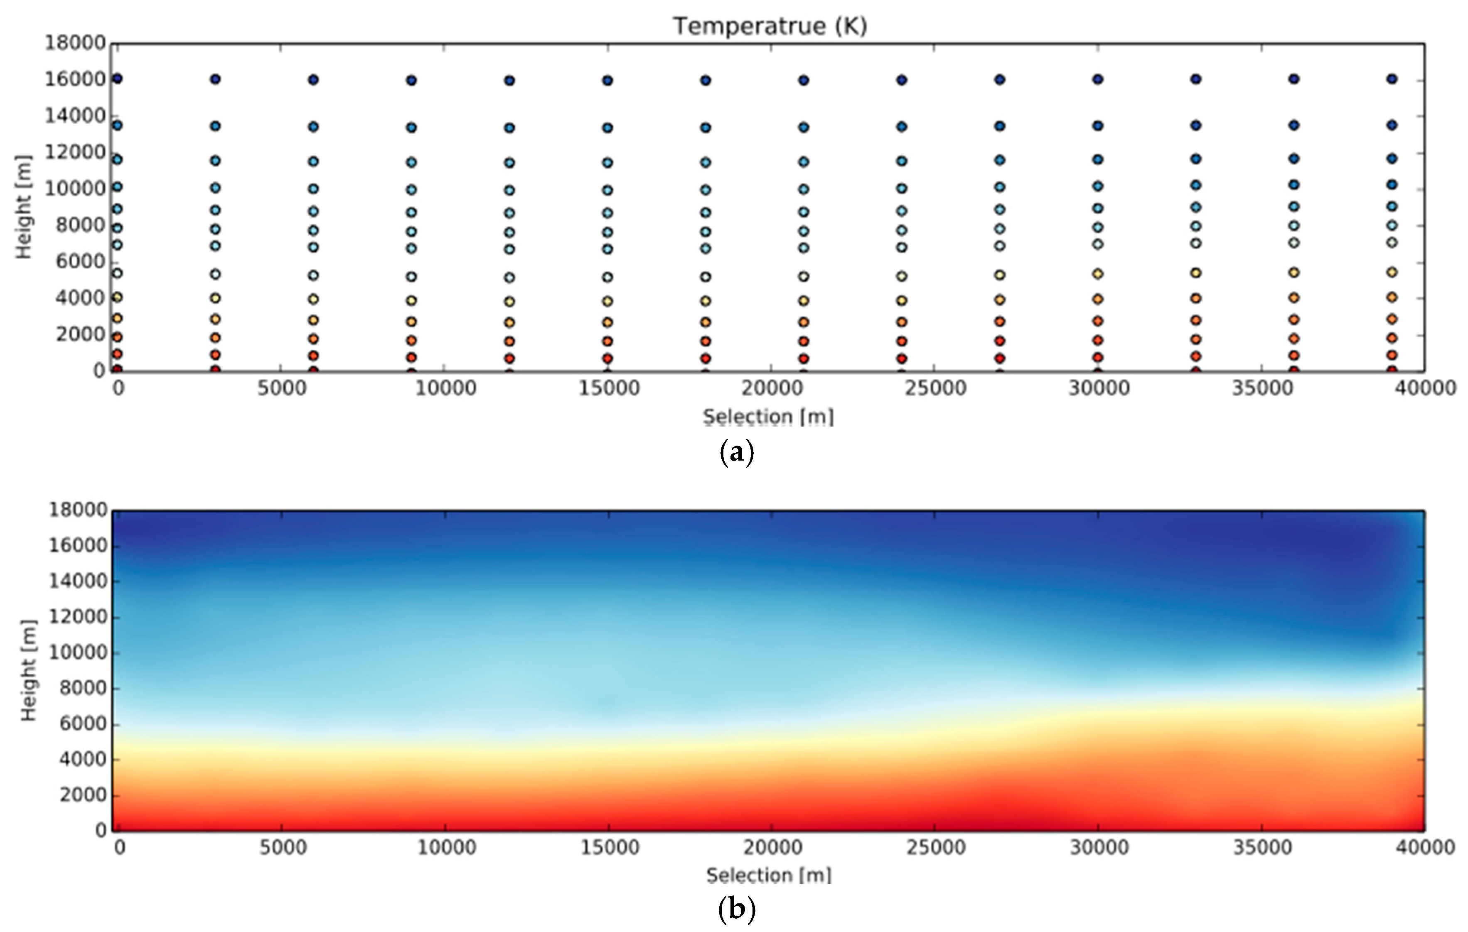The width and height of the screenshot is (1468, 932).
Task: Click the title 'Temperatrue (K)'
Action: [x=770, y=26]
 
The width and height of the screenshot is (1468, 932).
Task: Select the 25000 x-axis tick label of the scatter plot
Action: [x=935, y=388]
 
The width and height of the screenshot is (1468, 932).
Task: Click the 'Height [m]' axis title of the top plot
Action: [x=24, y=207]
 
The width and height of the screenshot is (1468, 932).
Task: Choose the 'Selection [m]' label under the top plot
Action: [x=768, y=417]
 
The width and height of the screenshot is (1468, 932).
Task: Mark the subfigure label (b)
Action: [x=736, y=910]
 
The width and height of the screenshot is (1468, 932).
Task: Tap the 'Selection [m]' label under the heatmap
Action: [x=769, y=876]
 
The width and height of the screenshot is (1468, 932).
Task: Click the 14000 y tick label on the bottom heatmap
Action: [x=78, y=581]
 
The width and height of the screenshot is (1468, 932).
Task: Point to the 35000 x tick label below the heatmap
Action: [x=1262, y=847]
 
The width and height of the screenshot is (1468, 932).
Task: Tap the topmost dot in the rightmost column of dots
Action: [x=1392, y=78]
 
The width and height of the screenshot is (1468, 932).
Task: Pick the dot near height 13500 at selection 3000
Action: [x=215, y=126]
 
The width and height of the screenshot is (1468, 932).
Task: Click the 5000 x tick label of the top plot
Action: [x=281, y=388]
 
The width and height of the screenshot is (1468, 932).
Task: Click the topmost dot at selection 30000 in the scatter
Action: [x=1097, y=79]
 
